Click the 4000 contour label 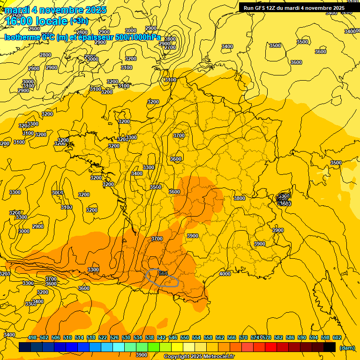(225, 274)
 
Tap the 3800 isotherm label (240, 198)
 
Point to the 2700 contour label (170, 47)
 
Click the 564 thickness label (163, 273)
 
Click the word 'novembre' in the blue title (59, 10)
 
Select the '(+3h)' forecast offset (79, 21)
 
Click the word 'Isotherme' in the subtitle (22, 37)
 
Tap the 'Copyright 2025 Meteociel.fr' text (199, 356)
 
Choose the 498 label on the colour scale (32, 337)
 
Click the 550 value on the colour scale (185, 337)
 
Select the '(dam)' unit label (346, 348)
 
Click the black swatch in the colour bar (330, 347)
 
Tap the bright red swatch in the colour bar (270, 347)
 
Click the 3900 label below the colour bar (142, 355)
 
